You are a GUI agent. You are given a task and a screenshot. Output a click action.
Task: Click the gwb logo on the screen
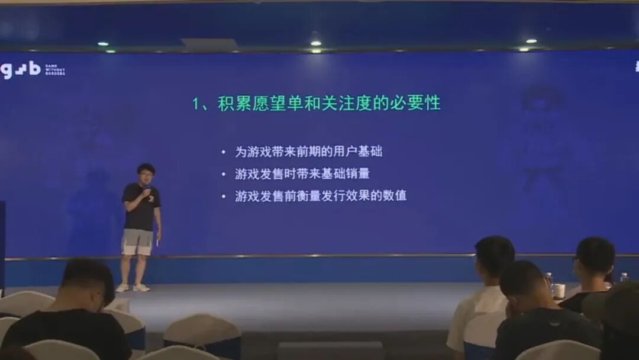pos(21,70)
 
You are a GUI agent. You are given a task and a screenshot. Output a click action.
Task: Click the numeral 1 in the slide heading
pos(197,104)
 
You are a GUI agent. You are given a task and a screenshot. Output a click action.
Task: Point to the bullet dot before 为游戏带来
pos(223,152)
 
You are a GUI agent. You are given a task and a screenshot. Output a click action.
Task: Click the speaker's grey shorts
pos(137,242)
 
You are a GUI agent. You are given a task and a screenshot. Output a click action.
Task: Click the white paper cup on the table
pos(559,290)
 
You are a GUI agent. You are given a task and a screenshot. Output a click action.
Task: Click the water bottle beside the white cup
pos(549,283)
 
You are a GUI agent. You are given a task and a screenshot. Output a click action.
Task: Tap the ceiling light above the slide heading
pos(316,43)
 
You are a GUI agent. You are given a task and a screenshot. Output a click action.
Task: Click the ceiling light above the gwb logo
pos(103,44)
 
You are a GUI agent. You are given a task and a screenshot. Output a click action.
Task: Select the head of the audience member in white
pos(494,259)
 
